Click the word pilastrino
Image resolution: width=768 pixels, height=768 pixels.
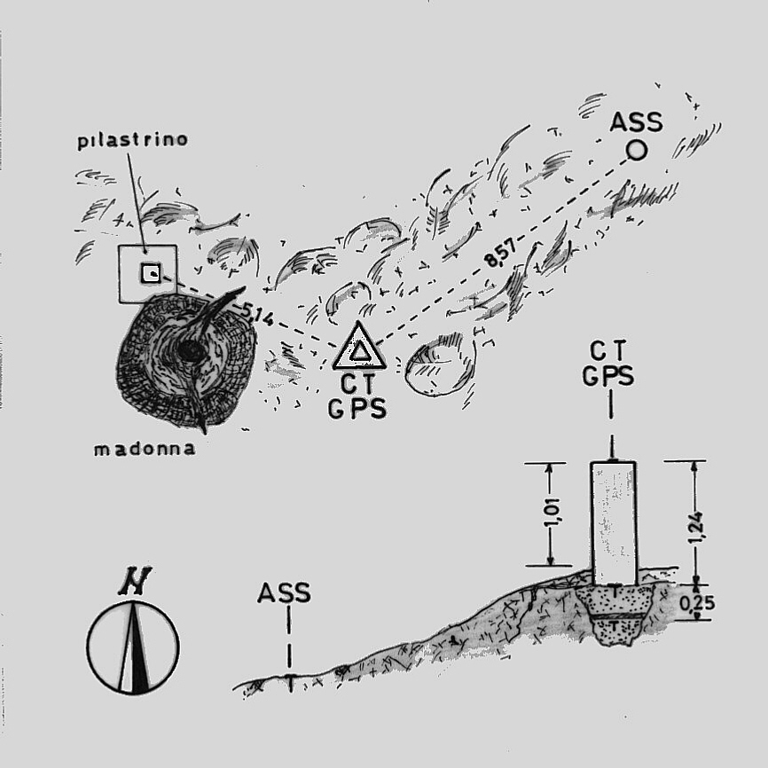(132, 141)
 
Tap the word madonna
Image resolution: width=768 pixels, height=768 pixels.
(145, 450)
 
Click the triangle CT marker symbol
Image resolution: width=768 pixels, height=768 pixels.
(358, 348)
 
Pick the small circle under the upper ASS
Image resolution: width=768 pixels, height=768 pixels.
(636, 151)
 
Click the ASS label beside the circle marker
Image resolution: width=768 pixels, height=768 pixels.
(636, 121)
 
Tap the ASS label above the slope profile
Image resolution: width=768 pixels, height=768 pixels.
(284, 592)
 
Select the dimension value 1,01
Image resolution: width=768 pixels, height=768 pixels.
(553, 513)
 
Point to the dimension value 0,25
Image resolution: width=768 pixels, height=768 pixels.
(697, 604)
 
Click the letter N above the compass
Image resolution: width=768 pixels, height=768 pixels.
(133, 582)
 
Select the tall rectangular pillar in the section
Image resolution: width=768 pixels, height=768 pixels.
(614, 521)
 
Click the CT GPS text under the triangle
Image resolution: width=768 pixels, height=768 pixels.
(357, 396)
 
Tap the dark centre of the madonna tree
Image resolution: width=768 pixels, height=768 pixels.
(189, 352)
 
